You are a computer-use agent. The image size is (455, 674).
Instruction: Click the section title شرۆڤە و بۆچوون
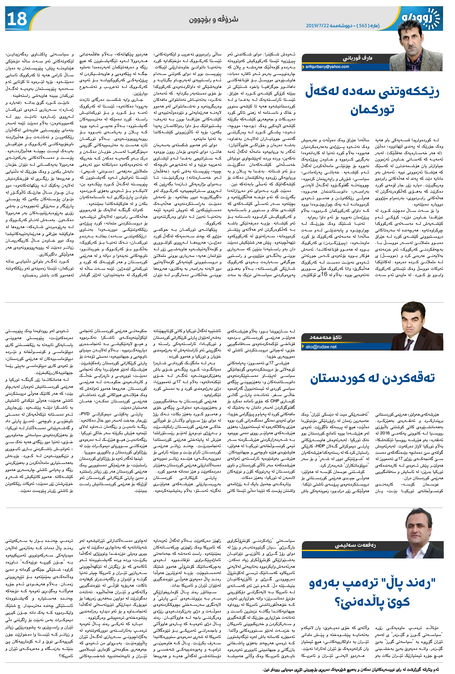click(214, 19)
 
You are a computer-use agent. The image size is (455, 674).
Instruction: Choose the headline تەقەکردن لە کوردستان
click(372, 378)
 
